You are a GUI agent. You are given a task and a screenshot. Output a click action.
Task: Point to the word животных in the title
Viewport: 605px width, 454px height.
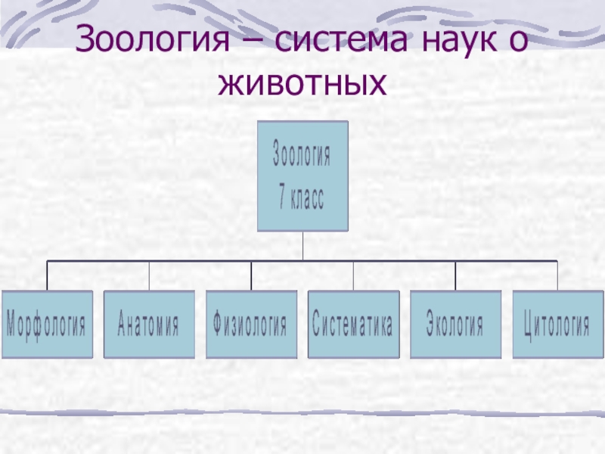click(x=302, y=83)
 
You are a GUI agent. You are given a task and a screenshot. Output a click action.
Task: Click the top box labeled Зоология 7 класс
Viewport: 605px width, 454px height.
click(x=302, y=176)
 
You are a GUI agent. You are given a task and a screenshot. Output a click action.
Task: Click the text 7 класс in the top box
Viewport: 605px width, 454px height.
click(x=302, y=201)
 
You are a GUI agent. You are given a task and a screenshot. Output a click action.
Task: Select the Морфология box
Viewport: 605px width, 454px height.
click(x=47, y=325)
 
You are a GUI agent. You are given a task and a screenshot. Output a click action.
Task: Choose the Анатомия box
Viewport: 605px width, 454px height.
click(x=149, y=325)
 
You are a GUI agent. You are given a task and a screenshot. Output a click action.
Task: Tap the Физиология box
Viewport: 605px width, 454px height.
click(x=251, y=325)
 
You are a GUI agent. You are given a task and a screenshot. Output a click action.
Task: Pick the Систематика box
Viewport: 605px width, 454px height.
click(x=353, y=325)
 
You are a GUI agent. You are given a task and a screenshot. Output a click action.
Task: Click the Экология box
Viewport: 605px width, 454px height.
click(x=455, y=325)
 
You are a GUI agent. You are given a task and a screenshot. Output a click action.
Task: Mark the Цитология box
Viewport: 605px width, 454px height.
click(x=557, y=325)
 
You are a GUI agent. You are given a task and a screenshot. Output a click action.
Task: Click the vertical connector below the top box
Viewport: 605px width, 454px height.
click(x=302, y=246)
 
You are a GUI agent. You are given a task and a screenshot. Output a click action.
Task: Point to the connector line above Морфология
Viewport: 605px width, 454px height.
click(x=47, y=275)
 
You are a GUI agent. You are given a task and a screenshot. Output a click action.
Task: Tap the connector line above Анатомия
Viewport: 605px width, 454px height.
click(x=149, y=275)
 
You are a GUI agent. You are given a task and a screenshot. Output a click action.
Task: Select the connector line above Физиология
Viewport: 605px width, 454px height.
click(x=251, y=275)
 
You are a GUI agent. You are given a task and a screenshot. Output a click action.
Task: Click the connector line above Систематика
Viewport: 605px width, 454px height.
click(x=353, y=275)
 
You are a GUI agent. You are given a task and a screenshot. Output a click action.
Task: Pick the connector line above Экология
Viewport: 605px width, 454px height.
click(x=455, y=275)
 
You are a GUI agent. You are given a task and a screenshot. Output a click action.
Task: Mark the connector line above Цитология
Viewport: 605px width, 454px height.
click(x=557, y=275)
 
